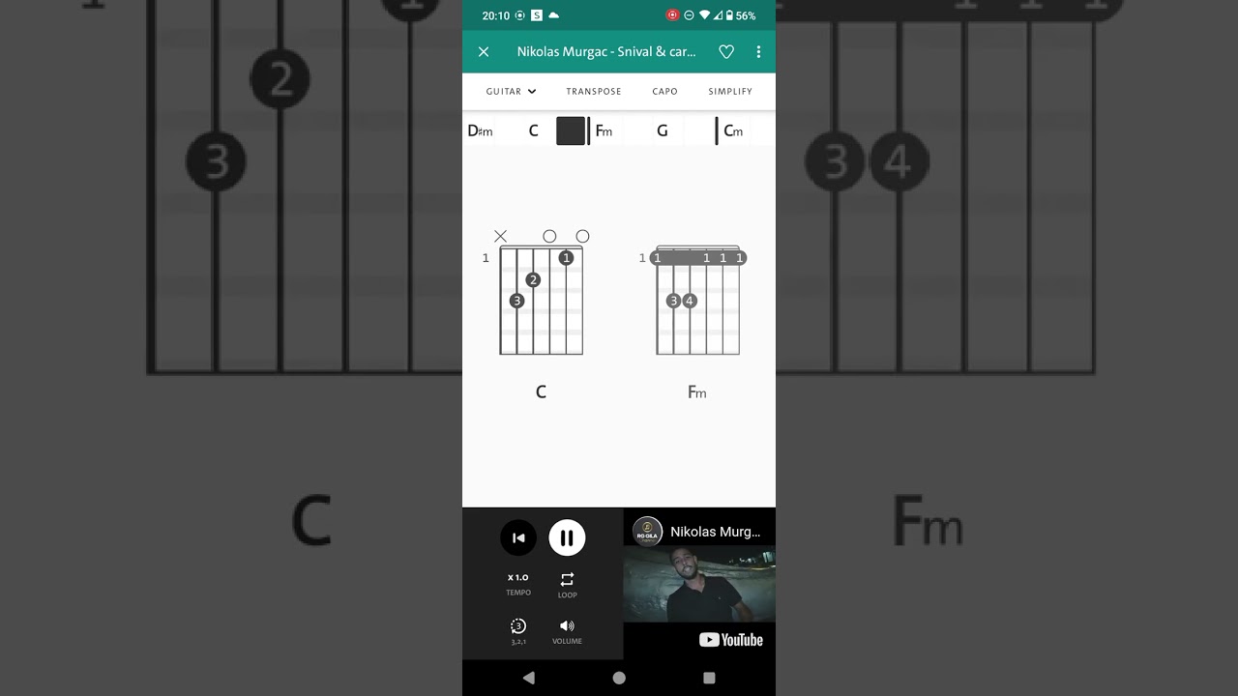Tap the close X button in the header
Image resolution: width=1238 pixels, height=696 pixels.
pos(484,52)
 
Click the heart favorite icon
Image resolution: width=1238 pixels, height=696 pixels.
pos(726,52)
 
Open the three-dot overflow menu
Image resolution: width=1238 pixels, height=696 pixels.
pos(758,52)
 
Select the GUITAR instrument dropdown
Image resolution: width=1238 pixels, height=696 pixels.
pos(511,91)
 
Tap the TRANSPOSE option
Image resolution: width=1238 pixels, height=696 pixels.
pos(594,91)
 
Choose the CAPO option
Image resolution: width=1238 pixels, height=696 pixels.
pos(664,91)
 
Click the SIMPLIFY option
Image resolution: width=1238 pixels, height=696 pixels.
pos(730,91)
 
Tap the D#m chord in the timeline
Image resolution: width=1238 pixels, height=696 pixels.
pos(480,130)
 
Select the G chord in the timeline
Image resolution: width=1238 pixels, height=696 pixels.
pos(663,130)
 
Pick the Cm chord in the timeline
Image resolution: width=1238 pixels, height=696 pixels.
pos(733,130)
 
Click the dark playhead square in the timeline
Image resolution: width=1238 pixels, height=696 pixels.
pos(571,130)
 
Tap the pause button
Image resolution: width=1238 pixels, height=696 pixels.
pos(567,537)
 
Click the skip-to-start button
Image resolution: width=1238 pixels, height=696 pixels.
pos(518,537)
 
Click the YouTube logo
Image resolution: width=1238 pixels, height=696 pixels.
pos(730,640)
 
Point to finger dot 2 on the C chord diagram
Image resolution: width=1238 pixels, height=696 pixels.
pos(533,280)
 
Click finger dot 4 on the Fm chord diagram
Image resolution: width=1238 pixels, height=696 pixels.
pos(690,301)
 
